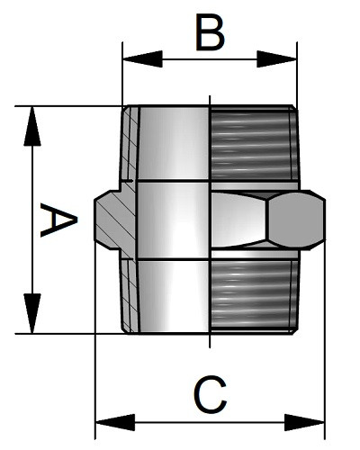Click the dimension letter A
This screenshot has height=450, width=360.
point(58,220)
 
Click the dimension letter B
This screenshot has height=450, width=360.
point(210,32)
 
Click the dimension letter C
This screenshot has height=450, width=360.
point(210,394)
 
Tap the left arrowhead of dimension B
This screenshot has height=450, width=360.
point(143,58)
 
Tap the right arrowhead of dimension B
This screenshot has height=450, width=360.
point(277,58)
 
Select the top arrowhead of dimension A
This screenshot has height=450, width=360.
point(32,126)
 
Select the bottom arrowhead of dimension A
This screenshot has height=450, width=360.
point(32,313)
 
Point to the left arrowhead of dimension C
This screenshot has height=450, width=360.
point(115,422)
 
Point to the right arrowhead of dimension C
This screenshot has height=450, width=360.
point(304,422)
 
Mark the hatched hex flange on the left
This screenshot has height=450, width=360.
point(115,220)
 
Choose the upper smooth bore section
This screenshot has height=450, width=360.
point(174,143)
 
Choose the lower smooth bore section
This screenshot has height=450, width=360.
point(174,296)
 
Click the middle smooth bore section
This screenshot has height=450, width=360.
point(173,220)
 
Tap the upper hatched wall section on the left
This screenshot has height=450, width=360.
point(130,143)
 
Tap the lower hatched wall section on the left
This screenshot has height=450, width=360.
point(130,296)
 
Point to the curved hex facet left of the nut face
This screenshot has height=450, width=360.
point(238,220)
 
